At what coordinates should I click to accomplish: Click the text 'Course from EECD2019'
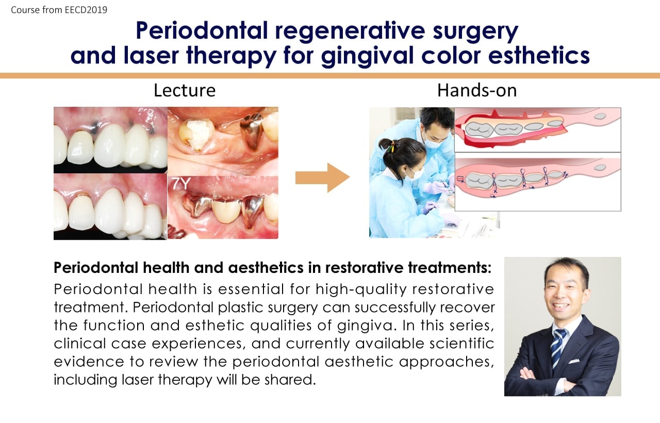pyautogui.click(x=59, y=10)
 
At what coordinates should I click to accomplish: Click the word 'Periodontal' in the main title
pyautogui.click(x=202, y=30)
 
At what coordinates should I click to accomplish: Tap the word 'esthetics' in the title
pyautogui.click(x=539, y=55)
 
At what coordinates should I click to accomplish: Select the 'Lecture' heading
pyautogui.click(x=185, y=90)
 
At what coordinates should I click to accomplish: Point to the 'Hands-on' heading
pyautogui.click(x=477, y=90)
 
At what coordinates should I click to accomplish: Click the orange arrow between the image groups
pyautogui.click(x=323, y=178)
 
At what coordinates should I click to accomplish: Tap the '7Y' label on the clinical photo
pyautogui.click(x=180, y=184)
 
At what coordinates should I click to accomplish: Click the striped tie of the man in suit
pyautogui.click(x=558, y=348)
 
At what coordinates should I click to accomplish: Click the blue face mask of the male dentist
pyautogui.click(x=431, y=143)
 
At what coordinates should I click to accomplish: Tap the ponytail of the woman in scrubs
pyautogui.click(x=387, y=146)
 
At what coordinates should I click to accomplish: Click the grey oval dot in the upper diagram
pyautogui.click(x=600, y=117)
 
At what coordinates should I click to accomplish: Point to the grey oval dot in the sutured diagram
pyautogui.click(x=600, y=168)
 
